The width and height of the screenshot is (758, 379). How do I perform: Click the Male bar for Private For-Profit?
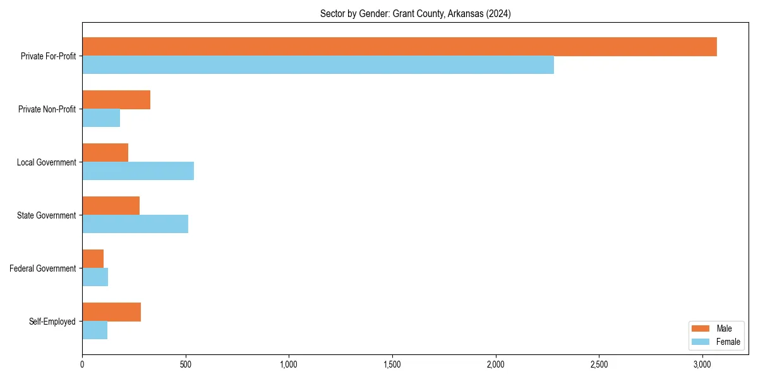[399, 47]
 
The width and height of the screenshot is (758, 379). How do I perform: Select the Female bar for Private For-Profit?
[318, 65]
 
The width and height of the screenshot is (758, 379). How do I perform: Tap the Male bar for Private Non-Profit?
[116, 100]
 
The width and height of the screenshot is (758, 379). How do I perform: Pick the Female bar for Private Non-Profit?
[101, 118]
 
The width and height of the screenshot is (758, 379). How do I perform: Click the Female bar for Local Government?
[138, 171]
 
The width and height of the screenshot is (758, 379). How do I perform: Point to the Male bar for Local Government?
[105, 153]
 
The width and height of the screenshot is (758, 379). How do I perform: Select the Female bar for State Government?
[135, 224]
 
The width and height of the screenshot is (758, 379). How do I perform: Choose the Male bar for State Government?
[111, 206]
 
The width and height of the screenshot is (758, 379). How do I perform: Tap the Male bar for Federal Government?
[93, 259]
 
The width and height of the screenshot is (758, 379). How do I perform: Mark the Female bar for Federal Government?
[95, 277]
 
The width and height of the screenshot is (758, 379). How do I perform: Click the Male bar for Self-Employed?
[111, 312]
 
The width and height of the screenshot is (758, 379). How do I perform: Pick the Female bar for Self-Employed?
[95, 330]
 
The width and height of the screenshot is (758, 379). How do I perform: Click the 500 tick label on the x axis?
[186, 364]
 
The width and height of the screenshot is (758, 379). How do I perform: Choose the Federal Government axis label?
[43, 268]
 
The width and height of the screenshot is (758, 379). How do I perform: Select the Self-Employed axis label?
[52, 322]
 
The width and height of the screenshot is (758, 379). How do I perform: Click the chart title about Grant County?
[415, 13]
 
